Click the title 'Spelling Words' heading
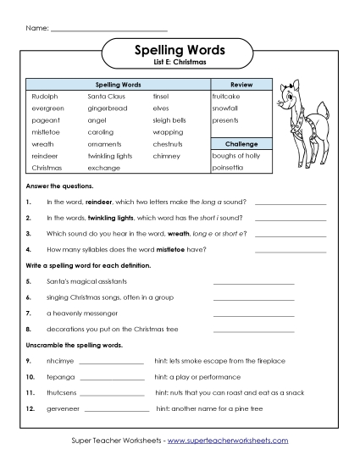180,50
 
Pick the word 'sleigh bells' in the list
170,120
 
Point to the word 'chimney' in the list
167,156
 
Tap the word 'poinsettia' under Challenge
230,168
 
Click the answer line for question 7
253,314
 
